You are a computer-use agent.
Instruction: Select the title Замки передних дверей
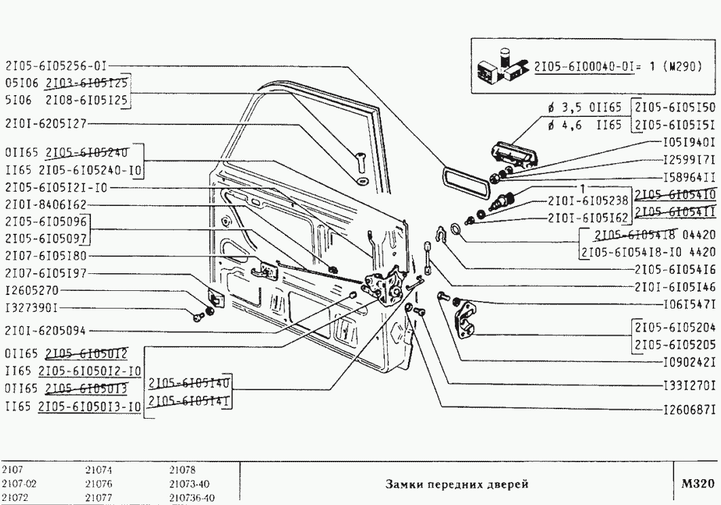coord(456,485)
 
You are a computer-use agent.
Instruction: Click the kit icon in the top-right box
coord(502,67)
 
